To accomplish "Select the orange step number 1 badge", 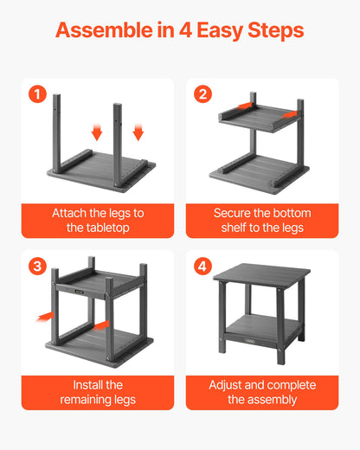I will click(37, 94).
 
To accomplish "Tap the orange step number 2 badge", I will click(202, 94).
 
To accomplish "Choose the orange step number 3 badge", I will click(37, 267).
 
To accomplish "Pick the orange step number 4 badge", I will click(202, 267).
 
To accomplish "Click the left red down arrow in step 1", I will click(97, 132).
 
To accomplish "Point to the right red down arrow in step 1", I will click(138, 132).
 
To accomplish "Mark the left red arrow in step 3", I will click(43, 318).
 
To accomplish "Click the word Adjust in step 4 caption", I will click(228, 384).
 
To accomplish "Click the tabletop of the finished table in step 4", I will click(262, 272).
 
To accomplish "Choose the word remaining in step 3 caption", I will click(91, 399).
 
